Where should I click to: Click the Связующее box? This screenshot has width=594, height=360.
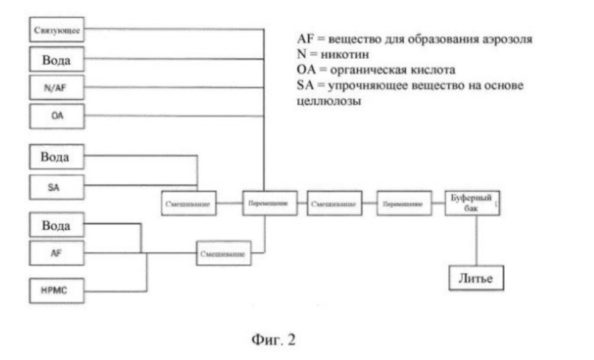coord(57,29)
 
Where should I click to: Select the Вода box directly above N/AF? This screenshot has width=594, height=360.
coord(57,59)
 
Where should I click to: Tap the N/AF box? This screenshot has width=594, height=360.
coord(57,88)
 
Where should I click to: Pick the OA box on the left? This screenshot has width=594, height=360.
coord(57,116)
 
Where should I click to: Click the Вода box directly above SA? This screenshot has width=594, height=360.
coord(57,156)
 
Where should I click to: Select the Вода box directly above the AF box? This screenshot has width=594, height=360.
coord(57,225)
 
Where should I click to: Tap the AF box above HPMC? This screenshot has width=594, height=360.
coord(57,253)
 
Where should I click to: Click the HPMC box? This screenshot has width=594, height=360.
coord(57,290)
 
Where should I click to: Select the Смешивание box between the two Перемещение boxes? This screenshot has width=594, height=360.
coord(334,204)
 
